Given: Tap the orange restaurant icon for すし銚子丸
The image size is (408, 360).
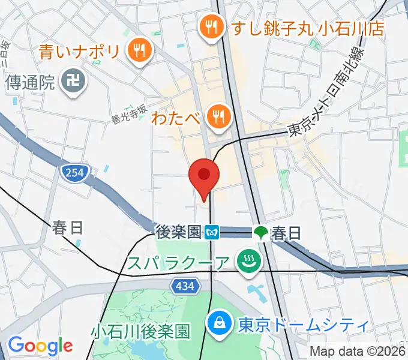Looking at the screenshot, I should click(x=211, y=28).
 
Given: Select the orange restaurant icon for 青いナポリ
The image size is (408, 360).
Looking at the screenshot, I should click(x=139, y=52).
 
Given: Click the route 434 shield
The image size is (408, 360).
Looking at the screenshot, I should click(x=185, y=287).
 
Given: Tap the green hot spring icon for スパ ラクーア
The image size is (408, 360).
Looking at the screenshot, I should click(x=246, y=262).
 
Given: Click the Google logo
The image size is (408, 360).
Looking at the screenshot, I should click(x=40, y=346).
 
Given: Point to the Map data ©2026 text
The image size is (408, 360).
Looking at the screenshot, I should click(x=358, y=351).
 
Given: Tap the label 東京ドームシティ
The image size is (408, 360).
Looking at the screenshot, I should click(x=302, y=325).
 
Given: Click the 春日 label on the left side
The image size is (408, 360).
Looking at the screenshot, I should click(x=67, y=228).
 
